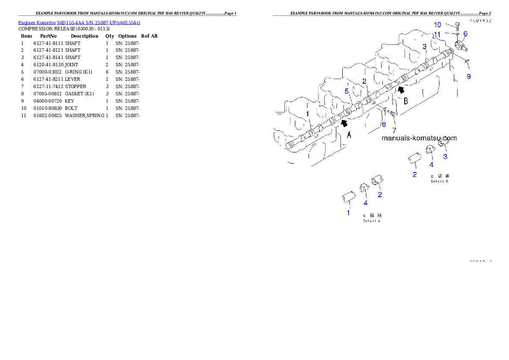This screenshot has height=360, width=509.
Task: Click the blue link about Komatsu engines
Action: point(79,22)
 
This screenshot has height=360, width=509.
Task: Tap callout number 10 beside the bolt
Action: point(438,25)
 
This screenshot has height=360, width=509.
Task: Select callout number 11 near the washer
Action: point(437,34)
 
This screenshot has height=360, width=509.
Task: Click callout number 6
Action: point(465,33)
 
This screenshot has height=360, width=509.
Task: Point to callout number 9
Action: point(468,77)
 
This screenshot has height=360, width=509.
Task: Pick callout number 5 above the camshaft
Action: point(347,91)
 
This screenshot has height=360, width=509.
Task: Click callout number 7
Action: point(394,130)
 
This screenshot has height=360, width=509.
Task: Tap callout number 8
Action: point(384,125)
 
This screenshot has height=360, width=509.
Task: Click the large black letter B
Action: point(405,101)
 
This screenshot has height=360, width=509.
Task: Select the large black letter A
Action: point(349,135)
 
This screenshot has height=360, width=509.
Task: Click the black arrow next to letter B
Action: point(400,89)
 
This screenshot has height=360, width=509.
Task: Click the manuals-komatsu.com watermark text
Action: point(419,138)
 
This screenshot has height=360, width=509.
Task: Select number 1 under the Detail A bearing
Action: point(348,212)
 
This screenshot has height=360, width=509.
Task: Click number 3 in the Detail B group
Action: point(445,156)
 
